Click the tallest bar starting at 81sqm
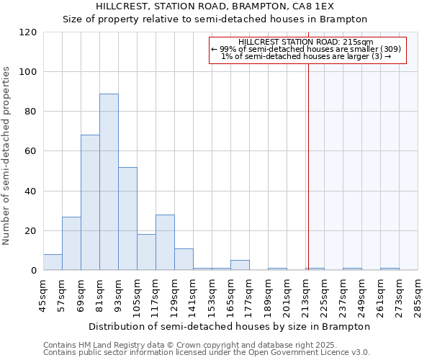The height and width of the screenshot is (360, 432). tap(109, 182)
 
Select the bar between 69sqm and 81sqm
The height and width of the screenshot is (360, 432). tap(90, 203)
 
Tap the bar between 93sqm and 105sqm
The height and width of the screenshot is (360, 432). tap(127, 219)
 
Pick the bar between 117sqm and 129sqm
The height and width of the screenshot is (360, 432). tap(165, 243)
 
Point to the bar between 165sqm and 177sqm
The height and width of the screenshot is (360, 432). tap(240, 266)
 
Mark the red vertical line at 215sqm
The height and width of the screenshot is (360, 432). tap(307, 166)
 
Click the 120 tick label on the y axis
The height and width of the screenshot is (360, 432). tap(28, 32)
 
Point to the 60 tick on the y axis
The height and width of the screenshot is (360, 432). tap(31, 151)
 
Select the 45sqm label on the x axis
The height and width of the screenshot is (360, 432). tap(43, 295)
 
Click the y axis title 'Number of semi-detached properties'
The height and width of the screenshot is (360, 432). tap(7, 151)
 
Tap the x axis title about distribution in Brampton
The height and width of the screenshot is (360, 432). tap(230, 326)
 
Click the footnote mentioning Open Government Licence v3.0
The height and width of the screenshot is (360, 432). tap(207, 353)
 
